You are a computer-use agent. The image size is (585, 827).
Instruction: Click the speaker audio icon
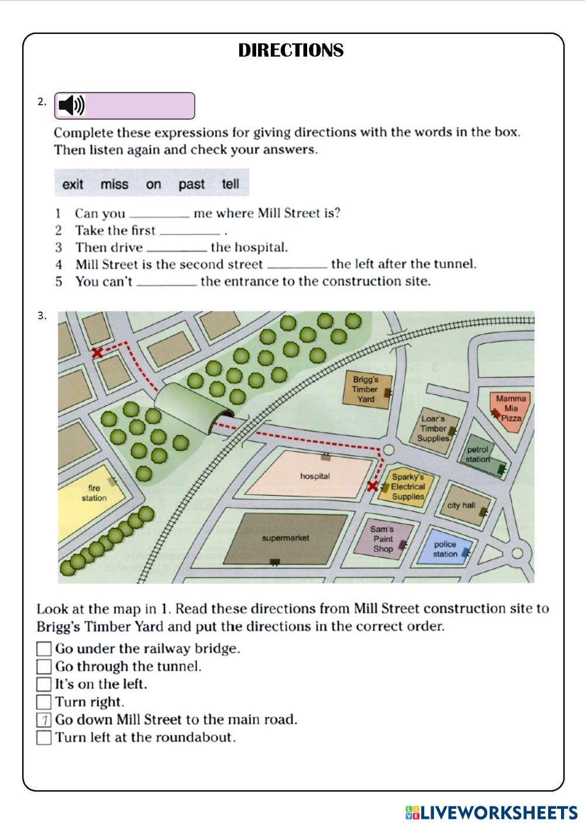pos(72,105)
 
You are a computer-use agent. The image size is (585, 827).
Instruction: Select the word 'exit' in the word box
pos(73,184)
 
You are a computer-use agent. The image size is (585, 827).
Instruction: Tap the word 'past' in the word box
pos(191,184)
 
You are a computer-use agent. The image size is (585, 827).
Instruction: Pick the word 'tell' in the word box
pos(230,184)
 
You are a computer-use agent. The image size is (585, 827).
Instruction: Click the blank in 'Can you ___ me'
pos(159,216)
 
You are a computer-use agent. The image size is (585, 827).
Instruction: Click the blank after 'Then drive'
pos(177,250)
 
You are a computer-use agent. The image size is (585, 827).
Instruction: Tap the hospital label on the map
pos(315,476)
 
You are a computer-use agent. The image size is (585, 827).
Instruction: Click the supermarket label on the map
pos(285,538)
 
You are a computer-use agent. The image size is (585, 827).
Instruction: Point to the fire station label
pos(94,493)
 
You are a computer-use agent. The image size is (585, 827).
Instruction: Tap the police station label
pos(445,549)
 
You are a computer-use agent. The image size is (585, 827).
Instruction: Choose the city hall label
pos(461,505)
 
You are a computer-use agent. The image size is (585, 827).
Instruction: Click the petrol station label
pos(477,454)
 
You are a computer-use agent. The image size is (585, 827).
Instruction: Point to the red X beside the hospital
pos(373,486)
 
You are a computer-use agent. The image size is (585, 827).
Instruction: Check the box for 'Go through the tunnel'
pos(44,666)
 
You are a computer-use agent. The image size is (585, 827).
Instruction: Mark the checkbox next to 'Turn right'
pos(44,702)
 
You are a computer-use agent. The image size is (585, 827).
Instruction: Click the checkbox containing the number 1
pos(44,719)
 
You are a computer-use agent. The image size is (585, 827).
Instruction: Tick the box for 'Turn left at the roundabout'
pos(44,737)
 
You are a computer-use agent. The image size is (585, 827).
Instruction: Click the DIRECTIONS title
pos(291,50)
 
